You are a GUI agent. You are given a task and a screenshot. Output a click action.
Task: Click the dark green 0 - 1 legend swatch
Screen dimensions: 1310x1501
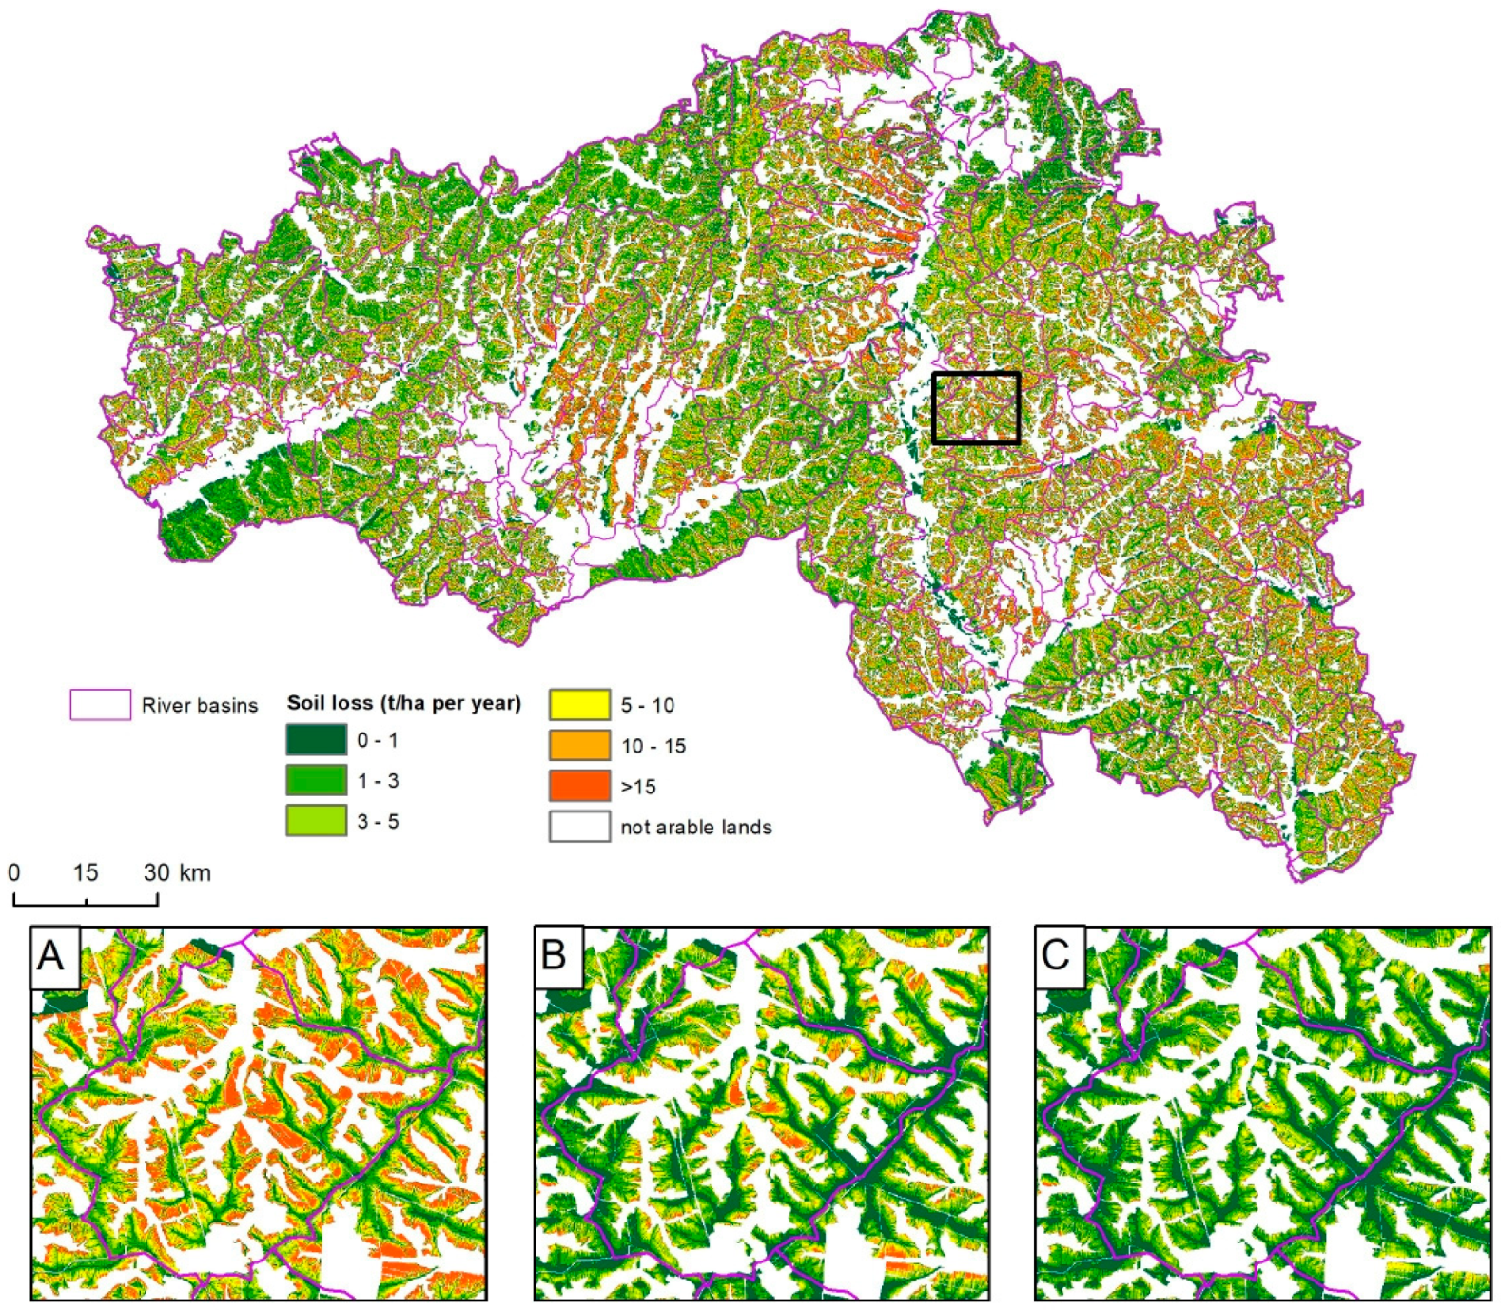[x=316, y=740]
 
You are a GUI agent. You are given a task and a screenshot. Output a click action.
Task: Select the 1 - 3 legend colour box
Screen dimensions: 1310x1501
[x=316, y=780]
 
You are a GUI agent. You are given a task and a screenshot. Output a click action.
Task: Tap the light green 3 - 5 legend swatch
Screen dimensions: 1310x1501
[x=316, y=821]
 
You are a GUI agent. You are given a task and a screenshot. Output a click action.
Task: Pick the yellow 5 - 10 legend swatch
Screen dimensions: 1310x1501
[x=579, y=705]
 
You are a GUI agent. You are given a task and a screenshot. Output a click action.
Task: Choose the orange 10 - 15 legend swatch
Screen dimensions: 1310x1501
[x=579, y=746]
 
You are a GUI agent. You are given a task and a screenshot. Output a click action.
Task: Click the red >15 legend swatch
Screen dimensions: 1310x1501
[x=579, y=786]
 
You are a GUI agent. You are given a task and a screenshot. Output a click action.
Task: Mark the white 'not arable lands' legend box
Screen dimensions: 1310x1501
[x=579, y=827]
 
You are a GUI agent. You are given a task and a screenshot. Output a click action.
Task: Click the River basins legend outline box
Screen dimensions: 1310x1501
[x=100, y=705]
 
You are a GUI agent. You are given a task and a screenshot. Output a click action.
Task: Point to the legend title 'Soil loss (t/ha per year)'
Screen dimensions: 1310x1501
[x=404, y=703]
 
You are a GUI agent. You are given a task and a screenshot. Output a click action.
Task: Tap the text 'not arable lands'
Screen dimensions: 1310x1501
[x=695, y=828]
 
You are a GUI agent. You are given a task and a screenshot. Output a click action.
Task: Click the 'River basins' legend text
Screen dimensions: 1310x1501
[x=200, y=706]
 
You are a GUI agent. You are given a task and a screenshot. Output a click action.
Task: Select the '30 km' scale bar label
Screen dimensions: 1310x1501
[x=178, y=872]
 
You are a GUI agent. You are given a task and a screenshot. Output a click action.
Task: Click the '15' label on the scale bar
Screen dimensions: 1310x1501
[x=86, y=872]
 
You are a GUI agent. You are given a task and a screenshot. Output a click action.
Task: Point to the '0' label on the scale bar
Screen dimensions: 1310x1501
[x=13, y=872]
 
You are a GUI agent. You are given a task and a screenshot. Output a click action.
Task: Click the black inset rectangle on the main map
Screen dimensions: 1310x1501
[x=976, y=374]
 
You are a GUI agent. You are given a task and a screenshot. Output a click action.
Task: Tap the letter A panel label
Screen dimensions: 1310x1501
[x=51, y=954]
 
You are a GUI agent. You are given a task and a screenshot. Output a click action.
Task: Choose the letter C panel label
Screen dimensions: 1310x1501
[x=1056, y=954]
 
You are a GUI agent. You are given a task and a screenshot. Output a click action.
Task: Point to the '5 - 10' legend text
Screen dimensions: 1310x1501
[x=648, y=706]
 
